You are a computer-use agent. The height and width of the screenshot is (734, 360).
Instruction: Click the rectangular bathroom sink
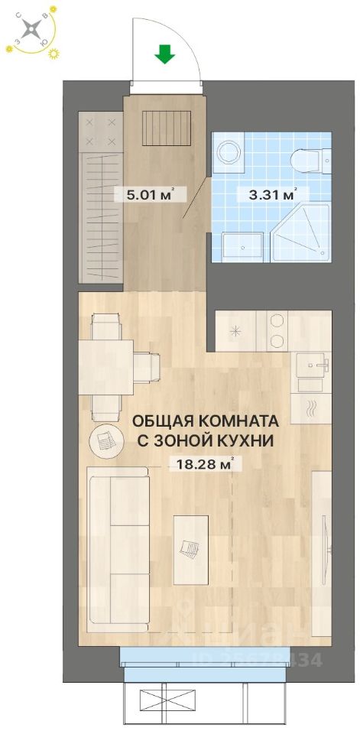tap(242, 246)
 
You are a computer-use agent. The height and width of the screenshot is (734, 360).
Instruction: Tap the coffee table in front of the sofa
tap(190, 548)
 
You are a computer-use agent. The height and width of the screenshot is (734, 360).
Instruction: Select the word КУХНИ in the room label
tap(241, 440)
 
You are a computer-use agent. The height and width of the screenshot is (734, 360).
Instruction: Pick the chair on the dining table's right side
tap(146, 365)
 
